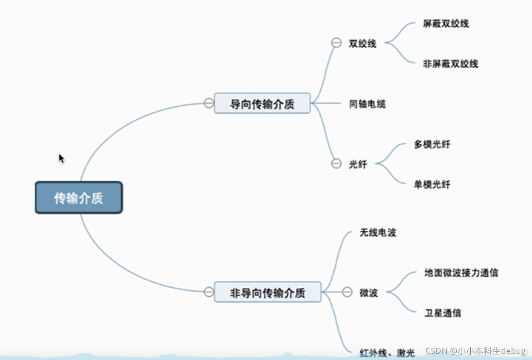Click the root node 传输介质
click(79, 198)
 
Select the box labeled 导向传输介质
click(262, 103)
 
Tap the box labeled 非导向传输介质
click(268, 292)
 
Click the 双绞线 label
click(362, 43)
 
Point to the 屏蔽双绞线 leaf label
click(446, 24)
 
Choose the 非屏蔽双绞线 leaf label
click(450, 64)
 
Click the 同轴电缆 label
click(367, 104)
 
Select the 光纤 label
click(358, 164)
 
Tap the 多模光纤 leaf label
click(432, 144)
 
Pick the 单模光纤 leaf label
click(432, 184)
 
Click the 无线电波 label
click(378, 233)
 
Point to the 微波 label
click(369, 293)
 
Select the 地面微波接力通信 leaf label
click(461, 273)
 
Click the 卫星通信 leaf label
click(442, 313)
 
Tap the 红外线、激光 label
click(387, 353)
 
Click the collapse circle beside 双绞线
click(336, 43)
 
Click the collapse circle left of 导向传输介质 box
click(209, 103)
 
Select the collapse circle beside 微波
click(347, 292)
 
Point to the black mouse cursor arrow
click(61, 158)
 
